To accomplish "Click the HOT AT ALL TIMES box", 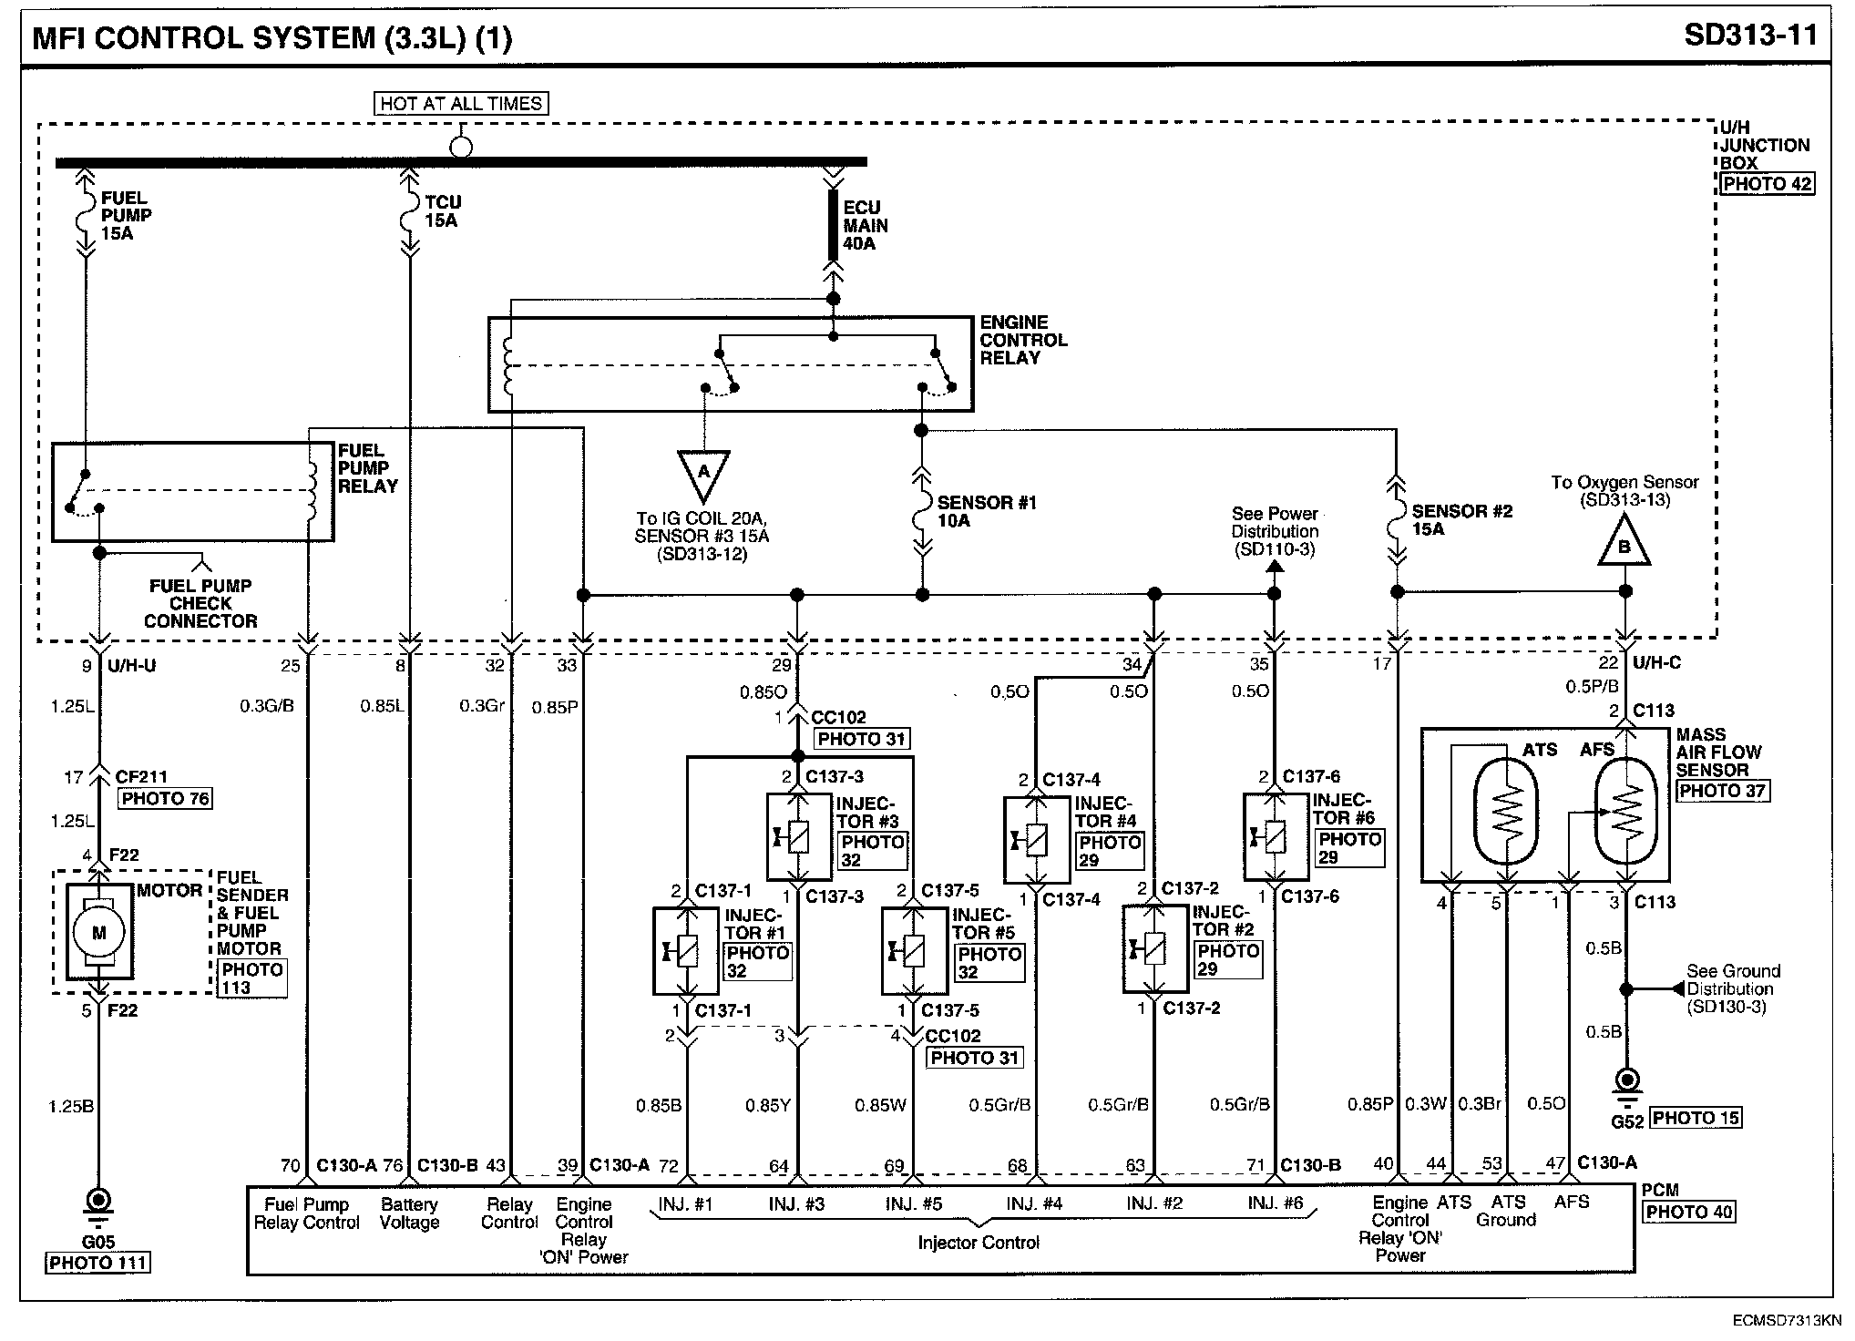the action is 462,104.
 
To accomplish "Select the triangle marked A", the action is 703,475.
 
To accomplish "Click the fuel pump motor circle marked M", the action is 99,932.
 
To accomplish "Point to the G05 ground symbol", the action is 99,1203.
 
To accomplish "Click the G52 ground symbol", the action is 1626,1084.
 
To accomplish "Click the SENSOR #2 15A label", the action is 1460,520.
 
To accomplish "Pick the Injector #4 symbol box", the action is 1036,839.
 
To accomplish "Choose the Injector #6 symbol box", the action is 1276,836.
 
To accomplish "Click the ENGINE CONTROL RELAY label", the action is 1023,341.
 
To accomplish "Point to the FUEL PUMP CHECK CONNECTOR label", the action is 200,603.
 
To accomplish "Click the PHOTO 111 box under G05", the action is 98,1263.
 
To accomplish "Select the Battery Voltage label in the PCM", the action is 409,1213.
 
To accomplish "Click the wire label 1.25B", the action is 71,1107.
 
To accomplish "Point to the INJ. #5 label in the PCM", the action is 913,1203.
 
